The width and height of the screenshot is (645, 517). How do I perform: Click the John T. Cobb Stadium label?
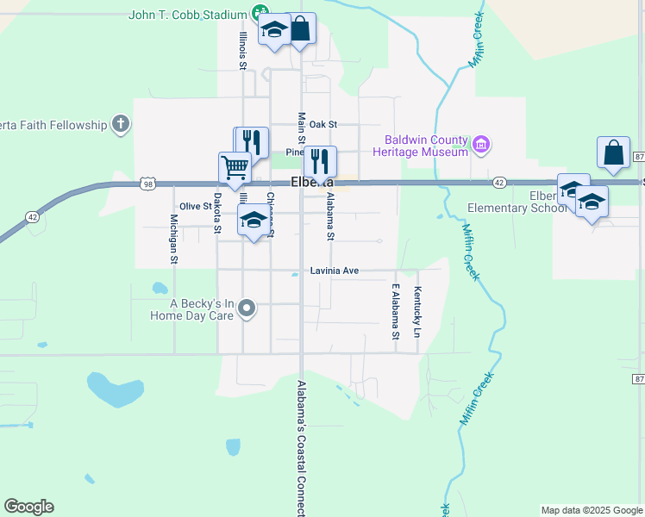188,15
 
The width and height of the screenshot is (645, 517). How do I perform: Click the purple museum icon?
481,145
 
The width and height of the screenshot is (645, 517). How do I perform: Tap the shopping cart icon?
235,167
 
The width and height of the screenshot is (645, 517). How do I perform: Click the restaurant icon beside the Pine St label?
320,161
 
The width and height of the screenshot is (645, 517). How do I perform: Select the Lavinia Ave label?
334,271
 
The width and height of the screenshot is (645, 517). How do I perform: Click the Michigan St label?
174,239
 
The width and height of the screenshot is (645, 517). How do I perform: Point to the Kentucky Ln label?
417,312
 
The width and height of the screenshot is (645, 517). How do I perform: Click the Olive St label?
196,206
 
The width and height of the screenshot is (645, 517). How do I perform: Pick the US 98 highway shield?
147,183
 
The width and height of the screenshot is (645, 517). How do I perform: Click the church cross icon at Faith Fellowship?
120,125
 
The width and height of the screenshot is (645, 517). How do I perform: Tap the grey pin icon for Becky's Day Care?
247,308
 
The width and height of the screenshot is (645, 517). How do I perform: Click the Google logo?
29,507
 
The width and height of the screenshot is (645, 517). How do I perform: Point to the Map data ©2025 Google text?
591,510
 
